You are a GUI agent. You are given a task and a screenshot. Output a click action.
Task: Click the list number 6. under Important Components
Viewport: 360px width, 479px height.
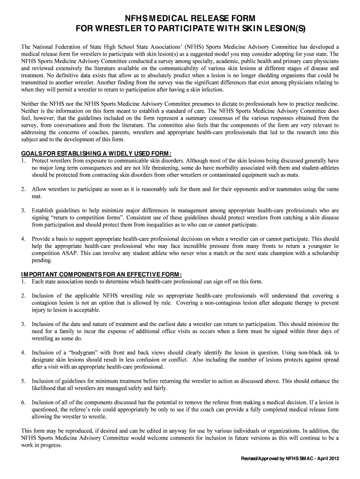23,402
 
